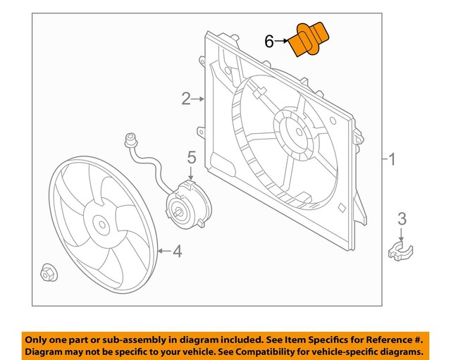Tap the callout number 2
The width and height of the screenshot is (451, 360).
click(x=185, y=99)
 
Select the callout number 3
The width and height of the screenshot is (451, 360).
click(x=401, y=219)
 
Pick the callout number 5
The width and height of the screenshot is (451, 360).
click(x=190, y=159)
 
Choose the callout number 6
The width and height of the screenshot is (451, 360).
click(x=269, y=42)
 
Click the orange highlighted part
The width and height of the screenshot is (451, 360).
click(x=310, y=39)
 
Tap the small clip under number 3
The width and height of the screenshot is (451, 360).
click(x=401, y=249)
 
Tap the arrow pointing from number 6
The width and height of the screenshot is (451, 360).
click(x=283, y=42)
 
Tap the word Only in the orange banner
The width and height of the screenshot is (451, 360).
click(x=39, y=337)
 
